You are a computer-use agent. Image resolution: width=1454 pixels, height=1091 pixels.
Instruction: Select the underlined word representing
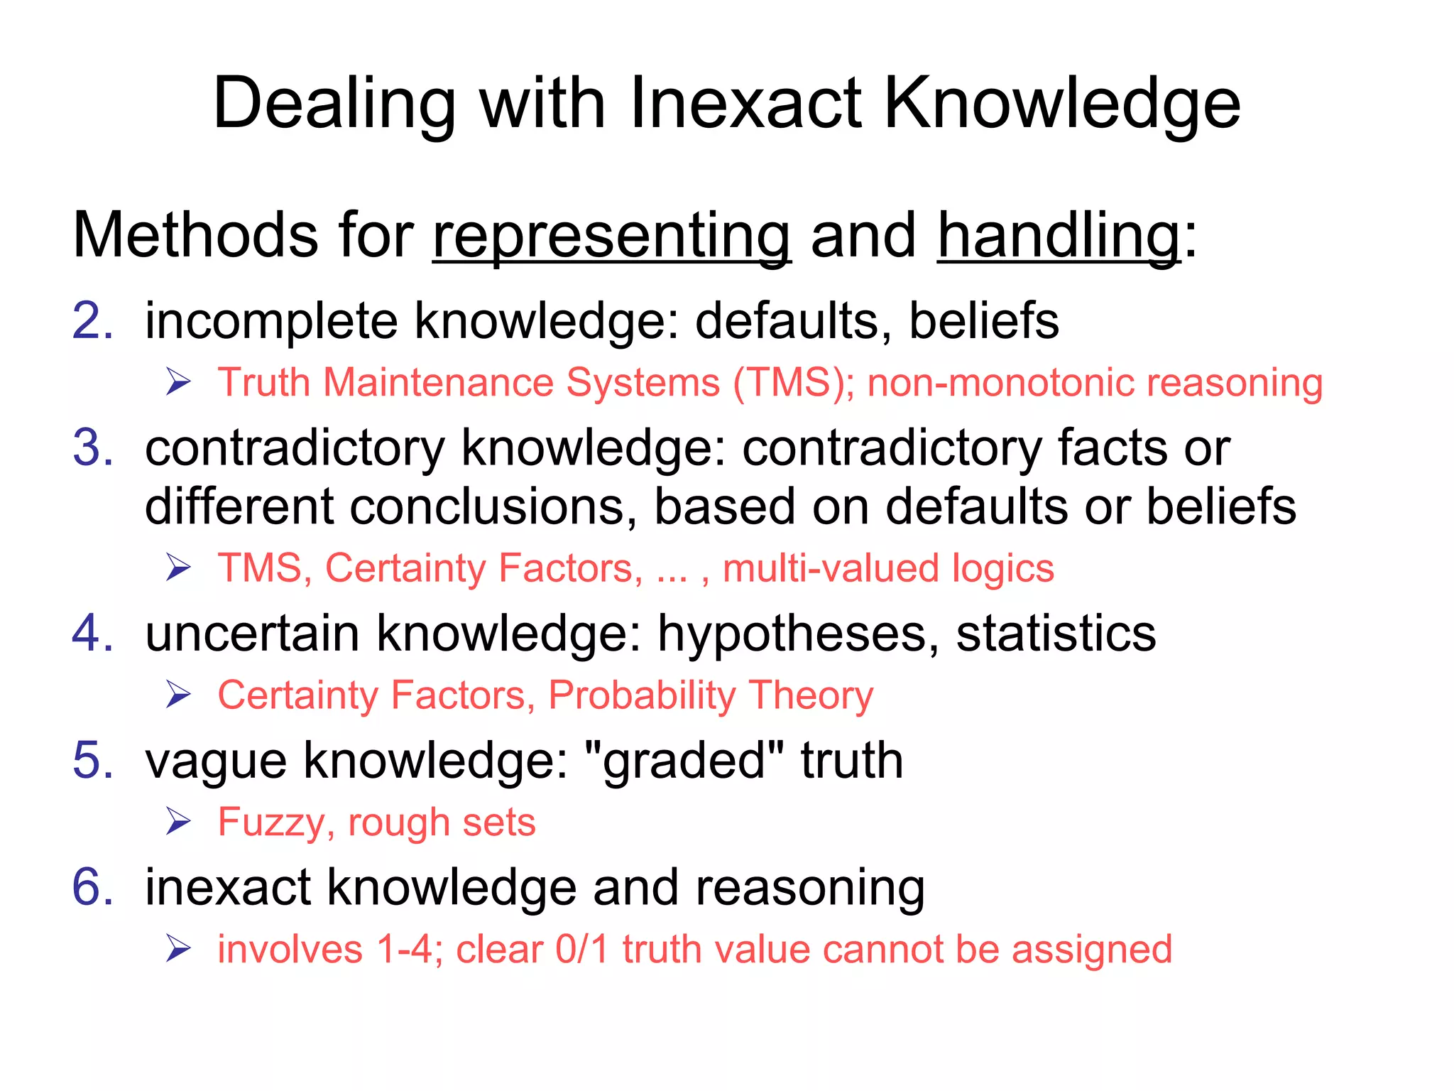[611, 237]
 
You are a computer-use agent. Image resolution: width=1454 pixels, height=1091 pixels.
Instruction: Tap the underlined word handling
[1059, 237]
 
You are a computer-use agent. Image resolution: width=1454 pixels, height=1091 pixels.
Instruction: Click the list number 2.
[93, 321]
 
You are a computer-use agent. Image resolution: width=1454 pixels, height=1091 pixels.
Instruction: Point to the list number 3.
[93, 448]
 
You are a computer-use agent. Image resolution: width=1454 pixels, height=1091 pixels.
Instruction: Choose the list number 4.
[93, 633]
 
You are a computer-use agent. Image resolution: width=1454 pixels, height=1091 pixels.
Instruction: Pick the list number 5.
[93, 760]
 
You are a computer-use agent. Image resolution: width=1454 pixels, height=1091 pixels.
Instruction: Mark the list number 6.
[93, 887]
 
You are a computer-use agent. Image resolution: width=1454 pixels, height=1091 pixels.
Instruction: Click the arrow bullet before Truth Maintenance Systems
[179, 383]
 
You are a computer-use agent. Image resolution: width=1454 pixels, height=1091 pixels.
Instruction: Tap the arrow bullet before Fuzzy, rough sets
[179, 823]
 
